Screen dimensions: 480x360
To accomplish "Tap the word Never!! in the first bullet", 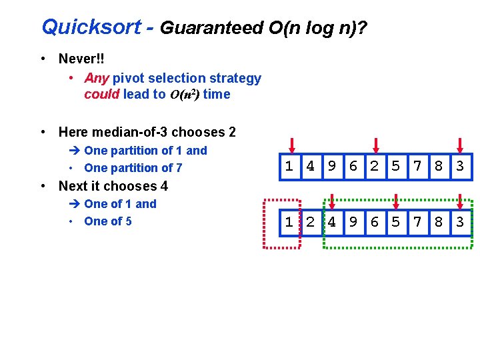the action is (81, 59).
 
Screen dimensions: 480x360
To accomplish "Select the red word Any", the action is (97, 79).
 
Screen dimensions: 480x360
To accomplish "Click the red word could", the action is (101, 94).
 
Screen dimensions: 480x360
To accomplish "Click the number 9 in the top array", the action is (331, 167).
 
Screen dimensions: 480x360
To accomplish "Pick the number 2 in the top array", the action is (375, 167).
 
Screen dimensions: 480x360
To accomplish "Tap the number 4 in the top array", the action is (310, 167).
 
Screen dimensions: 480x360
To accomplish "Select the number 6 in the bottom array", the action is (375, 222).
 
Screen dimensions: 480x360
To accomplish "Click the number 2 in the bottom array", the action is (310, 222).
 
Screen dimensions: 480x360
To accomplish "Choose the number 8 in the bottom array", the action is (439, 222).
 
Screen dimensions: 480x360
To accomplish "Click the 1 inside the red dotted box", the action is (289, 222).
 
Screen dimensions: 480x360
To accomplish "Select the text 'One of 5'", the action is (108, 221).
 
